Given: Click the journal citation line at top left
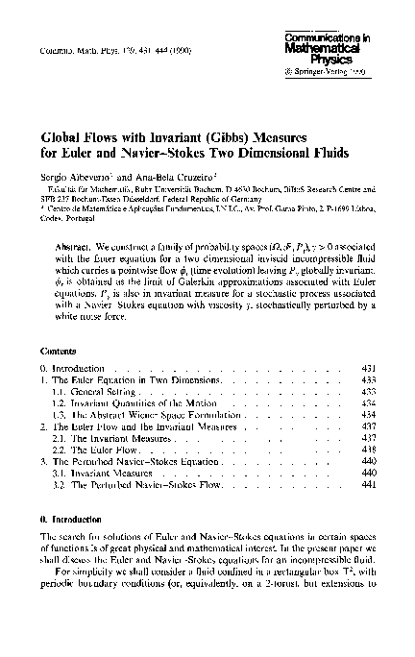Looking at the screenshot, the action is click(96, 47).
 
